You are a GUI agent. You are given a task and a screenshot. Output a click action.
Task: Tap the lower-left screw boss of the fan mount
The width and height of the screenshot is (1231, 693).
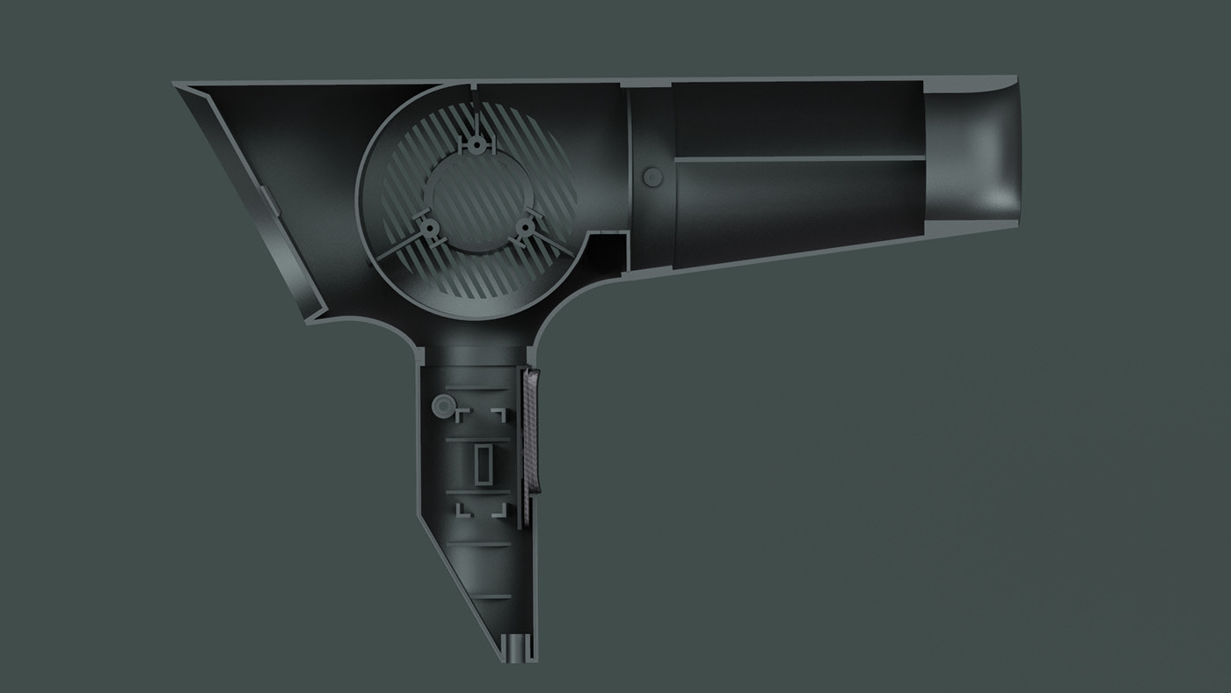tap(430, 230)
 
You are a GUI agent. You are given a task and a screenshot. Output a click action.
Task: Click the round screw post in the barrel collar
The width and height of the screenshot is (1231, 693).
tap(652, 178)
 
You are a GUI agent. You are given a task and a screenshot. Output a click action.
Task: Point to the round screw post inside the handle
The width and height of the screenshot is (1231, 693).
tap(441, 405)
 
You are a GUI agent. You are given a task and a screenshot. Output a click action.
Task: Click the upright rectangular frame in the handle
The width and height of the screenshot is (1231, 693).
tap(484, 464)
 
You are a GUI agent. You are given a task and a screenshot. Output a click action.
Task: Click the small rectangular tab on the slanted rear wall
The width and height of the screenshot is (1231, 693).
tap(272, 201)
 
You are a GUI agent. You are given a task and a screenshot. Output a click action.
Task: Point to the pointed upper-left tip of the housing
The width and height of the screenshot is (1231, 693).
tap(179, 87)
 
